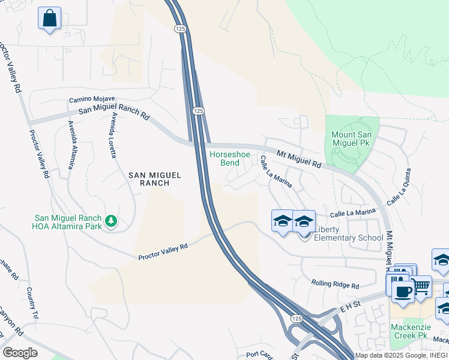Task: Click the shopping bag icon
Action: coord(49,17)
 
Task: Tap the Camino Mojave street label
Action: coord(92,99)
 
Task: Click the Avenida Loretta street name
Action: coord(112,136)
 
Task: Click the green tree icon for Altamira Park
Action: coord(110,221)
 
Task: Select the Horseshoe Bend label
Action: coord(229,158)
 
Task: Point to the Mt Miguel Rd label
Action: coord(299,159)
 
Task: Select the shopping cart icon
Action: coord(421,287)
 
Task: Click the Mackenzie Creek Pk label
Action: coord(417,331)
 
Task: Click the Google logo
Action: coord(20,353)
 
